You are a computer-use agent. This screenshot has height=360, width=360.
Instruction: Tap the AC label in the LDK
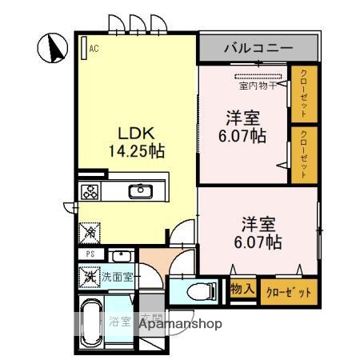pos(94,48)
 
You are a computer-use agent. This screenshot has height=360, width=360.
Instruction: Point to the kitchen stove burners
pos(91,192)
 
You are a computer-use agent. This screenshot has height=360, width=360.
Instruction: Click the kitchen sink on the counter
pos(141,191)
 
